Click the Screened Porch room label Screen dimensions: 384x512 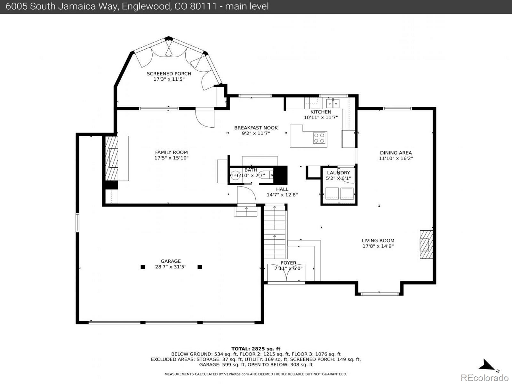(169, 74)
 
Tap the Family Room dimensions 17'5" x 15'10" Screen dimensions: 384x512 (172, 158)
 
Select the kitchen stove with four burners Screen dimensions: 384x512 (319, 138)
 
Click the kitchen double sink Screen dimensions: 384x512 (333, 104)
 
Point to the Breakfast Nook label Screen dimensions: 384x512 (256, 128)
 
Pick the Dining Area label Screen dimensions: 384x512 (396, 153)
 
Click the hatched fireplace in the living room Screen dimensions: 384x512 (426, 244)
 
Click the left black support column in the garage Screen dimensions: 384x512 (143, 267)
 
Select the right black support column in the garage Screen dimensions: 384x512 (200, 267)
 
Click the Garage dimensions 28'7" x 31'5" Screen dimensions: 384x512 (171, 267)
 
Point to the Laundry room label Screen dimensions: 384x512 (338, 173)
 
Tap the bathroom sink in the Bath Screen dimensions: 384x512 (235, 175)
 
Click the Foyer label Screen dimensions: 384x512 (288, 263)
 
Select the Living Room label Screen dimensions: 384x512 (378, 240)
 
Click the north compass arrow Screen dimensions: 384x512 (488, 365)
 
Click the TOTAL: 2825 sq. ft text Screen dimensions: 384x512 (256, 349)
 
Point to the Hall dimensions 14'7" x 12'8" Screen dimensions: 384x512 (282, 195)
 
